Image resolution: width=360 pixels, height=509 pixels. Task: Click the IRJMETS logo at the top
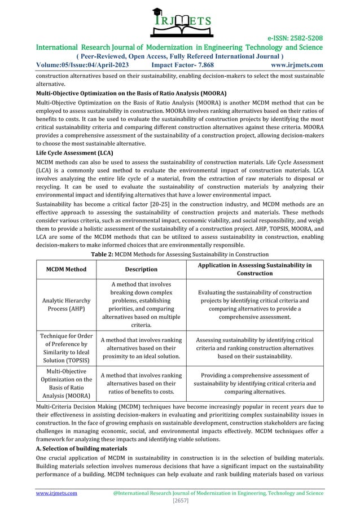180,19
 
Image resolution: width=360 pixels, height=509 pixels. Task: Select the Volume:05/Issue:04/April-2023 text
82,64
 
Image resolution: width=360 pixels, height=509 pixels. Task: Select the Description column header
141,269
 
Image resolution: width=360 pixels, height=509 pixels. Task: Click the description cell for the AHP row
141,305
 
